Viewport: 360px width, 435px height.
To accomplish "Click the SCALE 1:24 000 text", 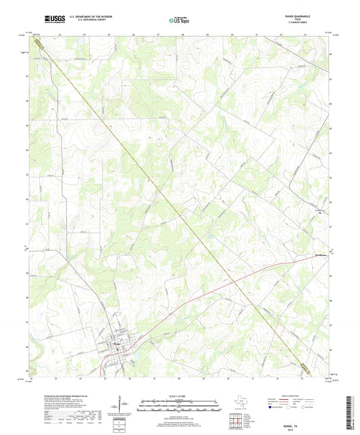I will tap(180, 396).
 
